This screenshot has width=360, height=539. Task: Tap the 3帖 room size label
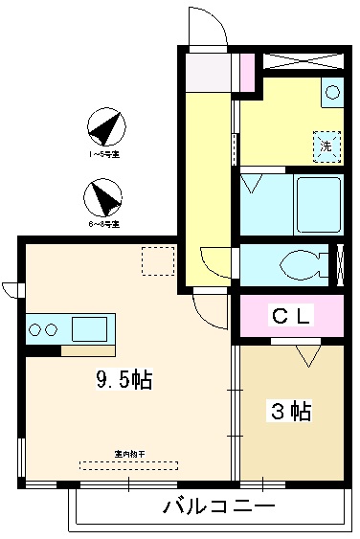click(x=289, y=412)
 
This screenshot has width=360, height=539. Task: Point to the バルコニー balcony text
click(x=219, y=506)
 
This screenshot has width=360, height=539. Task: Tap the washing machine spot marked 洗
click(x=327, y=146)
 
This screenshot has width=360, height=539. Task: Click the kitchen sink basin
click(x=92, y=328)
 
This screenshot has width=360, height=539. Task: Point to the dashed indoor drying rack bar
click(x=128, y=465)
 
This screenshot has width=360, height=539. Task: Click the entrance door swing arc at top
click(x=207, y=26)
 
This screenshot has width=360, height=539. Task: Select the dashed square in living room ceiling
click(x=157, y=261)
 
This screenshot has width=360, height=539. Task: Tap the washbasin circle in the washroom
click(x=331, y=93)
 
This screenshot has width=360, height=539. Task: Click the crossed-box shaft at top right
click(x=301, y=59)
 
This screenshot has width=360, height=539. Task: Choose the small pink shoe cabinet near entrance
click(x=246, y=70)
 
